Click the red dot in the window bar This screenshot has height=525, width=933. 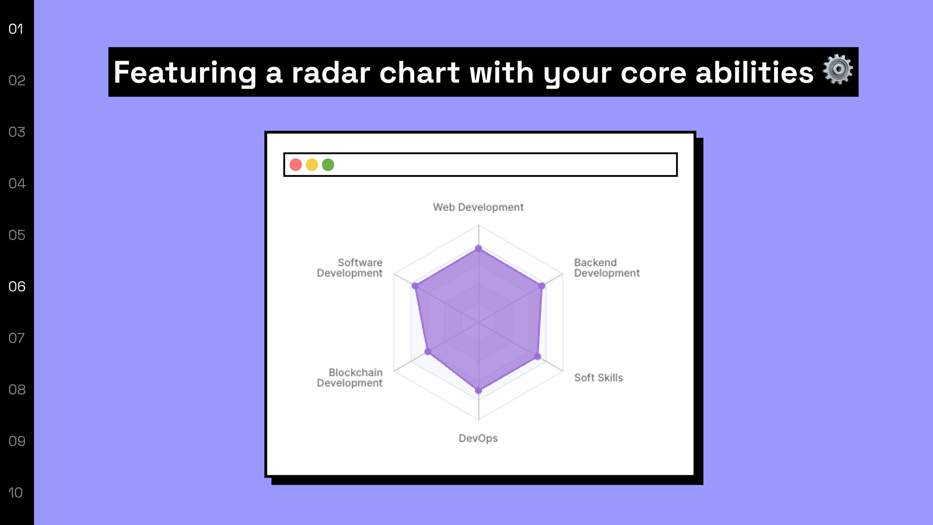(x=295, y=165)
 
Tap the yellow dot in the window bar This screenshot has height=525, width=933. (x=312, y=165)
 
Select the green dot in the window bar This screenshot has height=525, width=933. (x=328, y=165)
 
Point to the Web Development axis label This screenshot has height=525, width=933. (x=478, y=207)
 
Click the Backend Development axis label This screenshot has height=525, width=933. (x=607, y=268)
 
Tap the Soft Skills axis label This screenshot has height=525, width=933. (x=599, y=377)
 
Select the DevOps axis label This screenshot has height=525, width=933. (x=478, y=438)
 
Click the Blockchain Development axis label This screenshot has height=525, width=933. (x=350, y=377)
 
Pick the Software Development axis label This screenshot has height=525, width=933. (x=350, y=268)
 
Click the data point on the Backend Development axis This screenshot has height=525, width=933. (x=542, y=286)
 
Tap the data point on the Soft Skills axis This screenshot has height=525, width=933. (x=537, y=357)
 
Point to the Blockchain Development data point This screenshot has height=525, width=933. (x=428, y=351)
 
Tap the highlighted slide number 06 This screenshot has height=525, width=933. (x=17, y=287)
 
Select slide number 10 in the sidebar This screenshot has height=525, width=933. (x=16, y=493)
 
